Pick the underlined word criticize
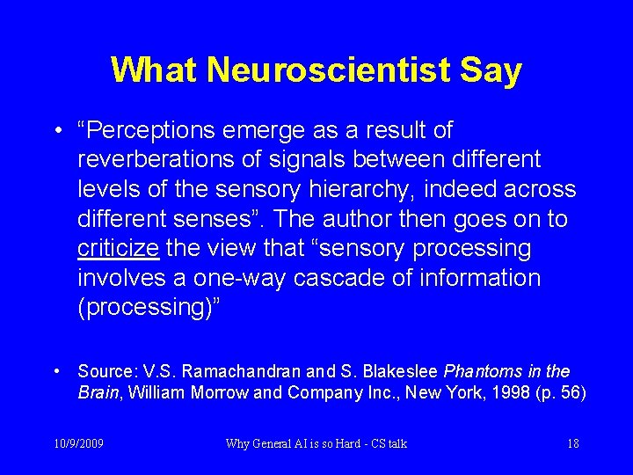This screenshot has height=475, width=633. tap(118, 249)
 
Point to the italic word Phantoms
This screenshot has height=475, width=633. tap(482, 370)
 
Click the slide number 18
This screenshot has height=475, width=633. tap(573, 443)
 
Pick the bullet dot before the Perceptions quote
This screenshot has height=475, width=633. tap(56, 132)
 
